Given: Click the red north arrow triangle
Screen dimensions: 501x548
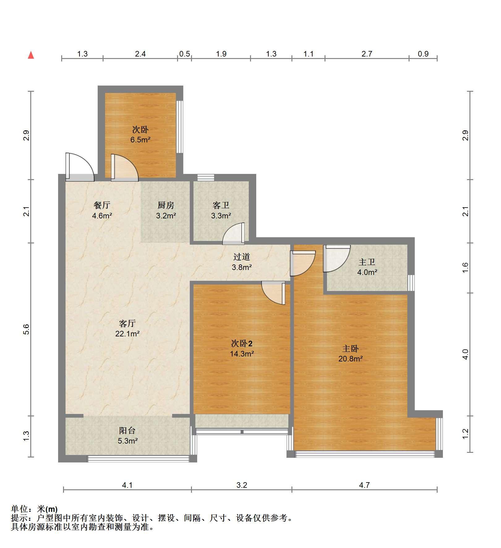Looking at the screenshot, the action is click(x=31, y=55).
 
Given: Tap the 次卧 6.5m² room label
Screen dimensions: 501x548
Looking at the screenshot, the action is click(x=140, y=134).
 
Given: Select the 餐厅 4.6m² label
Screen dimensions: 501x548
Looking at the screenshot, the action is click(x=102, y=210).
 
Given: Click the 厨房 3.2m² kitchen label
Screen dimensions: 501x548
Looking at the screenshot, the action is click(x=166, y=210).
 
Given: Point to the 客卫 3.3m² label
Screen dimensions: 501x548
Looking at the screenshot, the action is click(x=221, y=210).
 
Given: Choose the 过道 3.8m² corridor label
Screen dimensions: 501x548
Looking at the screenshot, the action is click(x=242, y=262).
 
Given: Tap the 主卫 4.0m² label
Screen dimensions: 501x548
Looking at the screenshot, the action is click(x=367, y=267).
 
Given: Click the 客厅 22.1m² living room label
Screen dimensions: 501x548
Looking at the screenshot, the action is click(x=127, y=328).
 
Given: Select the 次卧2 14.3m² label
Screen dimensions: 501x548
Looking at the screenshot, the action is click(x=242, y=348).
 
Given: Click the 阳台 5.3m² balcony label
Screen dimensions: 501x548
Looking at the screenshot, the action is click(x=127, y=435).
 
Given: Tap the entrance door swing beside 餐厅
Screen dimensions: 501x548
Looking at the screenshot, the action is click(x=80, y=167).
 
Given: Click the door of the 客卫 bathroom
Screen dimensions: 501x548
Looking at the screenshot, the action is click(x=233, y=234).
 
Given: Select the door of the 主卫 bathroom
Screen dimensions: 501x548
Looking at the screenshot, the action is click(x=337, y=259).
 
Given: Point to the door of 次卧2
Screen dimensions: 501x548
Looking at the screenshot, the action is click(x=273, y=293).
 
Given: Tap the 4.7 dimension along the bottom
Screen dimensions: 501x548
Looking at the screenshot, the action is click(x=364, y=485).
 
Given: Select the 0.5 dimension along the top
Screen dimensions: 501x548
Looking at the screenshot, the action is click(x=184, y=54).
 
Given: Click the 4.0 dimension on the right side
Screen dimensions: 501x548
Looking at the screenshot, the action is click(x=465, y=354).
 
